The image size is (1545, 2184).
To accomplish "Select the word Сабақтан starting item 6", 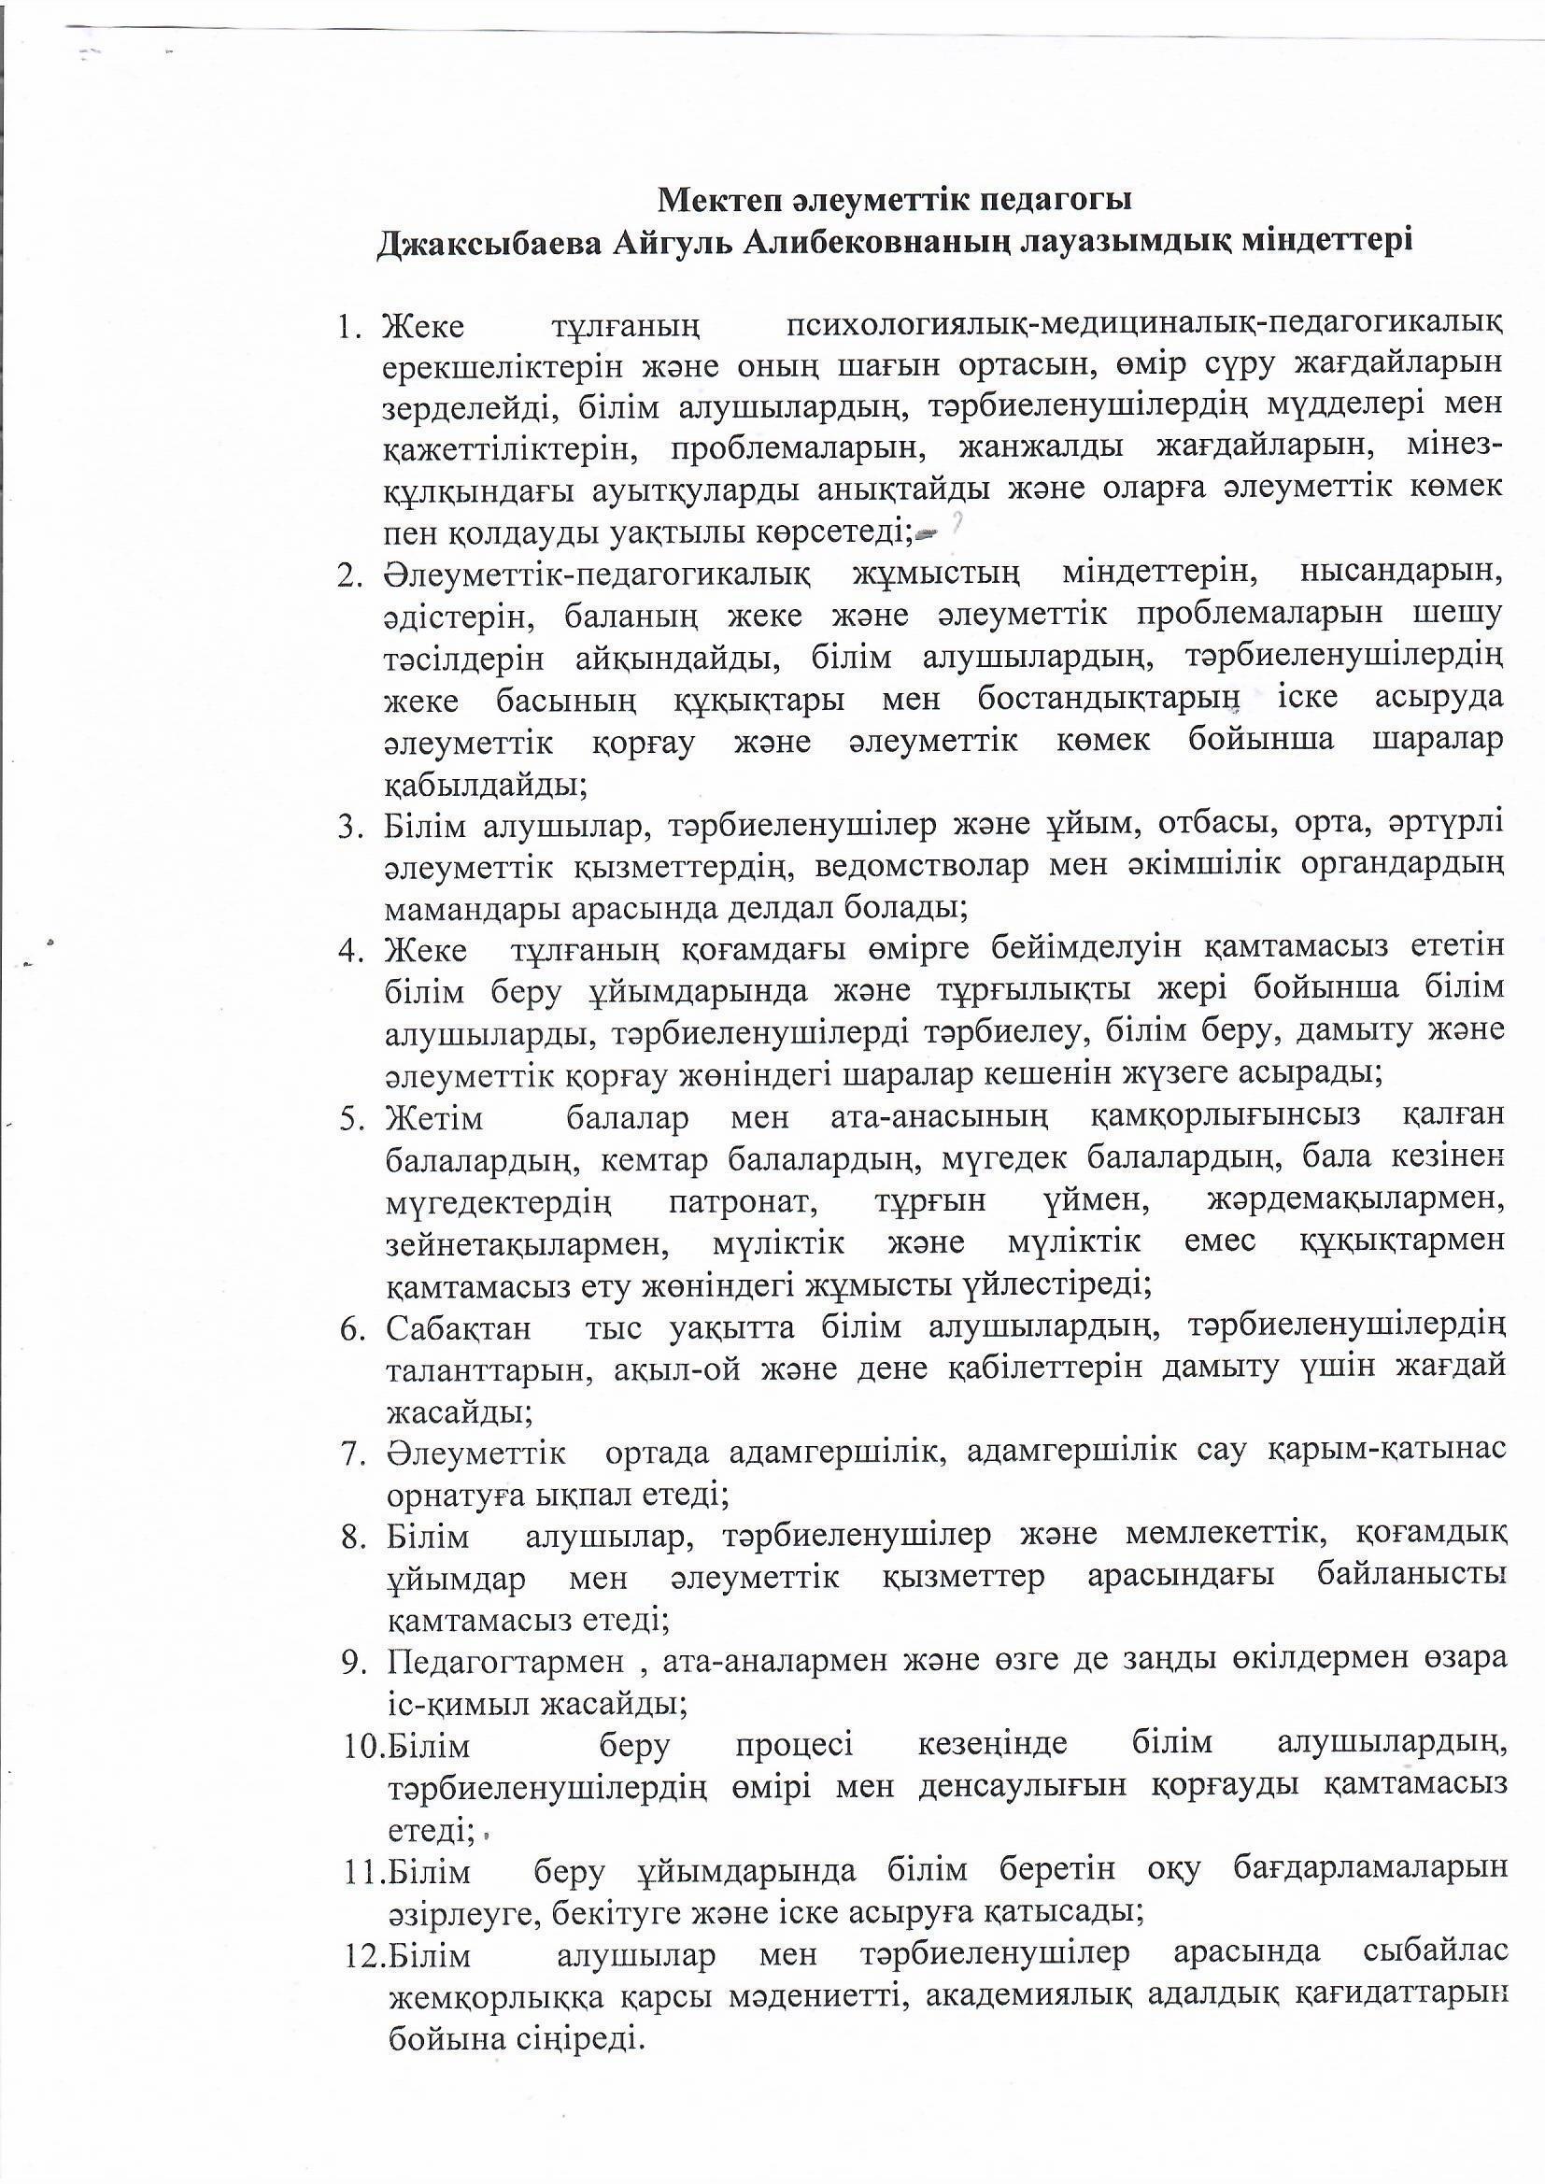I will (x=459, y=1328).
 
